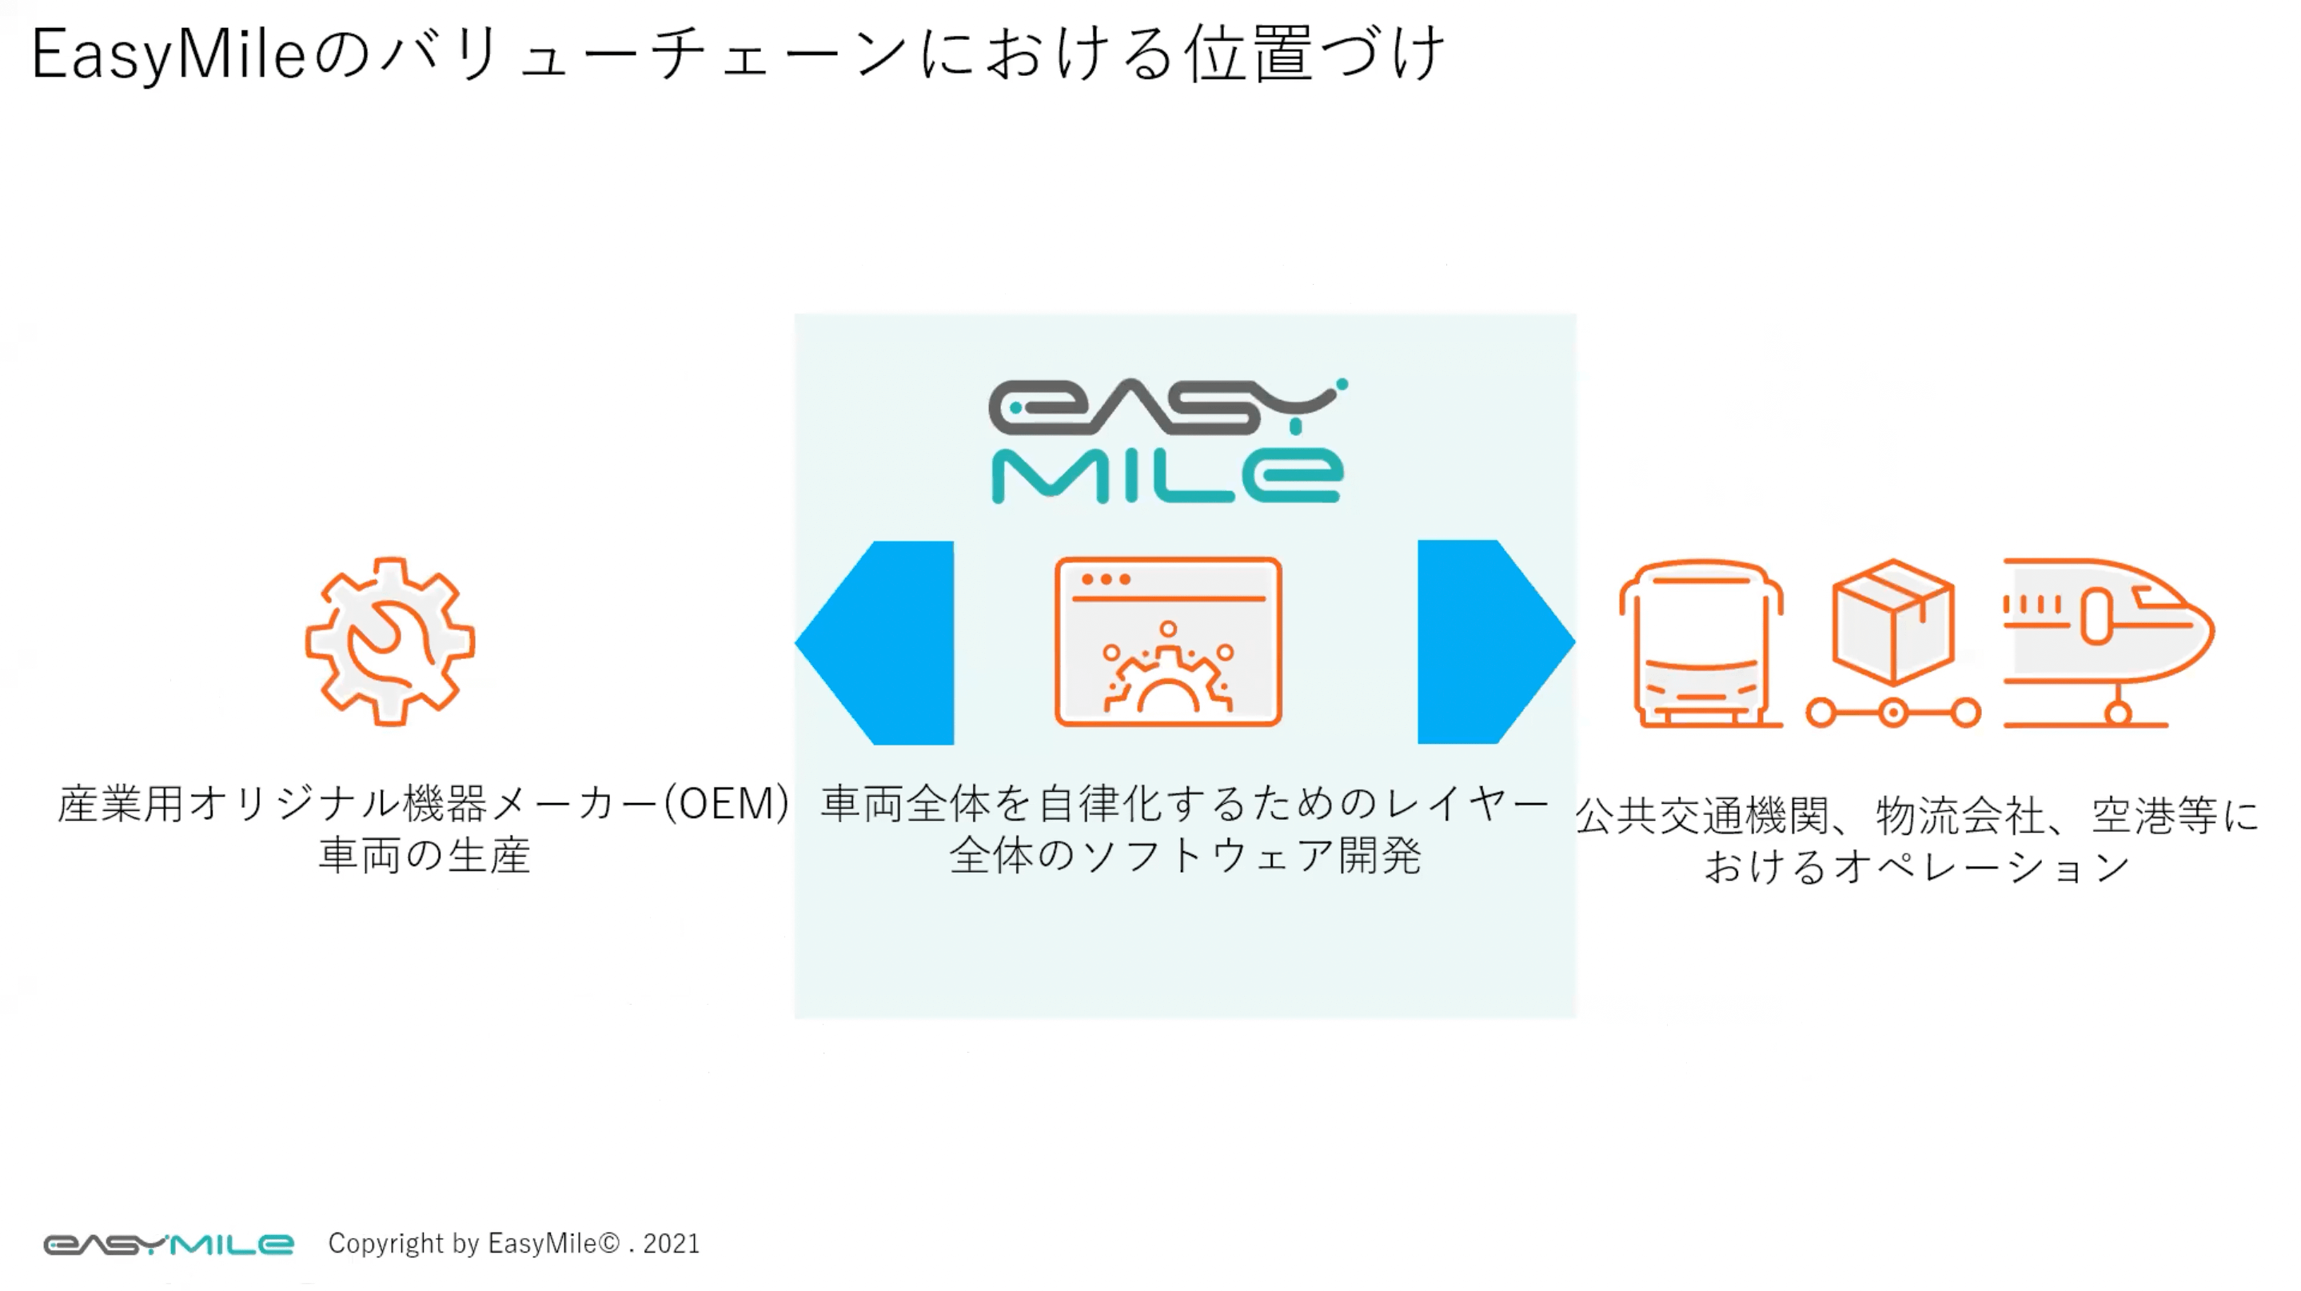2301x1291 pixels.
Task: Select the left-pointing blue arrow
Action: click(875, 642)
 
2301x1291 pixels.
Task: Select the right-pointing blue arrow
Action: click(1496, 642)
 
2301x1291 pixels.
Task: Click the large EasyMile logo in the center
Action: click(1167, 441)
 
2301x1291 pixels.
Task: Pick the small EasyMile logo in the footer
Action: click(169, 1245)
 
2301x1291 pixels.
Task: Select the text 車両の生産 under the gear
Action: click(425, 855)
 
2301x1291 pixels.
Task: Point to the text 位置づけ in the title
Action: click(1314, 54)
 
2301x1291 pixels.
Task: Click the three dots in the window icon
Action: click(1106, 579)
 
